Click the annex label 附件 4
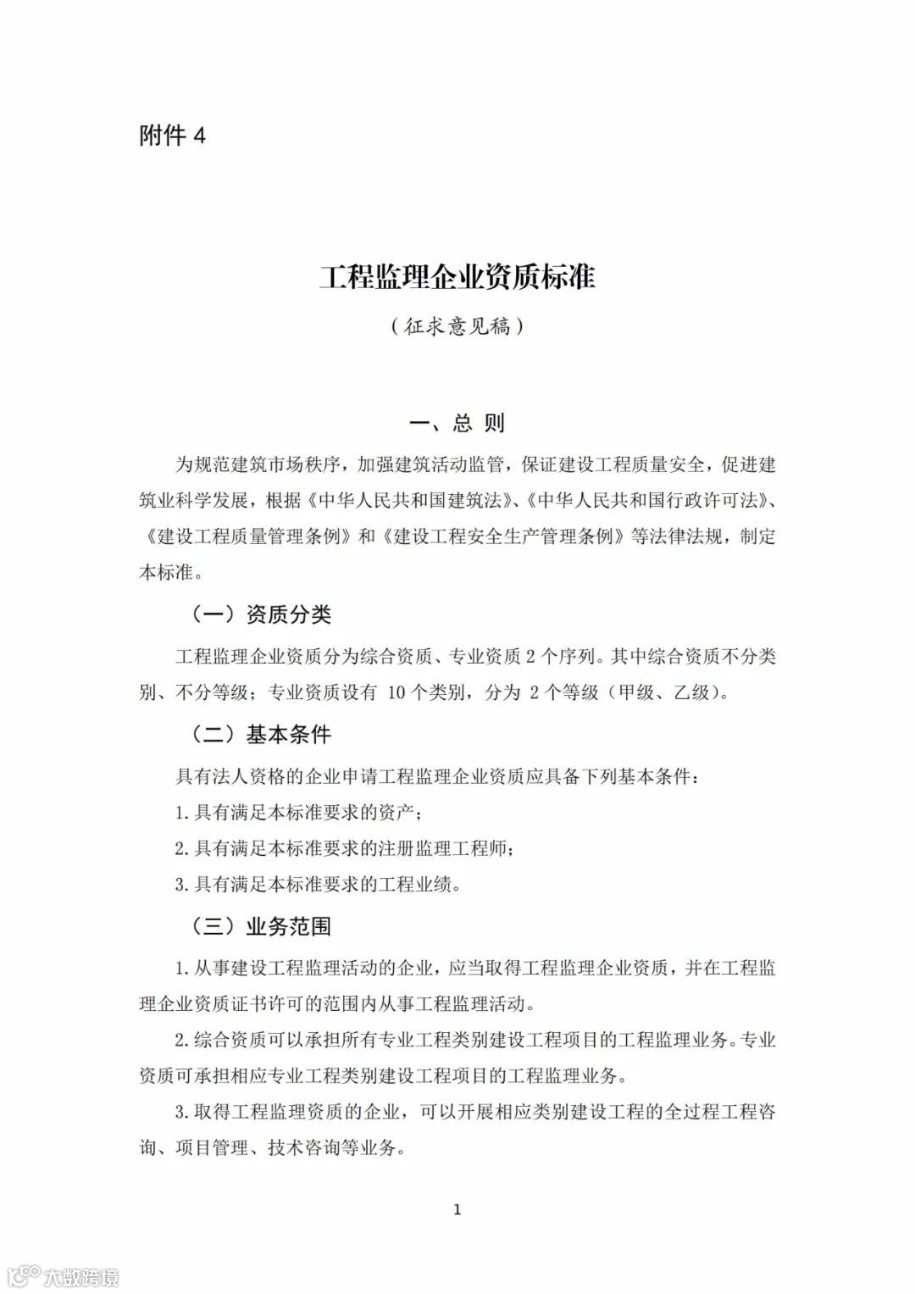(x=172, y=136)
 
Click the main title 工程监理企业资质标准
(x=457, y=276)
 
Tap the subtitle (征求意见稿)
(x=457, y=326)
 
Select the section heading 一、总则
(x=457, y=422)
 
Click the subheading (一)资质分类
(x=260, y=614)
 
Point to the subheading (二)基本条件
(x=260, y=735)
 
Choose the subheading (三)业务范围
(x=260, y=926)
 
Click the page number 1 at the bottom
(x=457, y=1209)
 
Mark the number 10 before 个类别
(x=397, y=693)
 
